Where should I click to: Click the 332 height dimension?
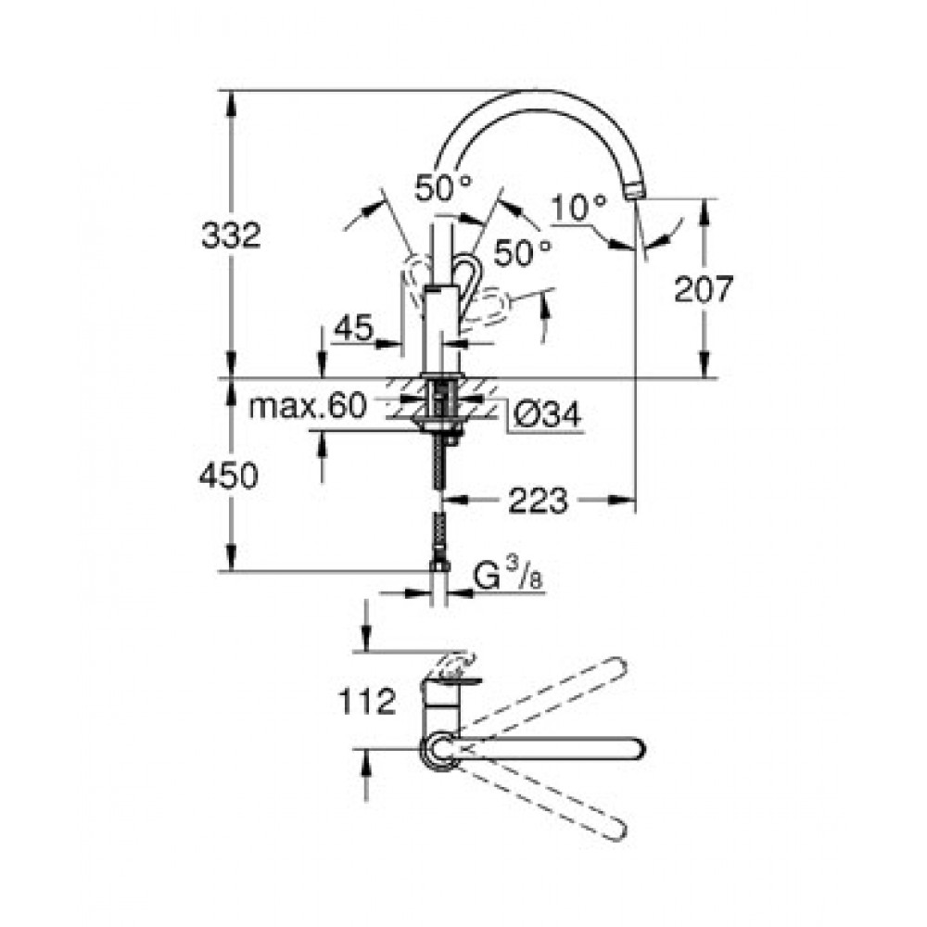(231, 235)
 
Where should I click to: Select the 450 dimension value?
(228, 476)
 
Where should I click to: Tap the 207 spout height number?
(704, 289)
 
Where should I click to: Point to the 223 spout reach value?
(538, 502)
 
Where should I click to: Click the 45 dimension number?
(353, 327)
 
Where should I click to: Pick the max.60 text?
(308, 406)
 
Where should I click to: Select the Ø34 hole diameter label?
(548, 413)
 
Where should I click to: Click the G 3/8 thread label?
(508, 576)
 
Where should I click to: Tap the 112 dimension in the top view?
(366, 701)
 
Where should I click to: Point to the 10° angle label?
(579, 208)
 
